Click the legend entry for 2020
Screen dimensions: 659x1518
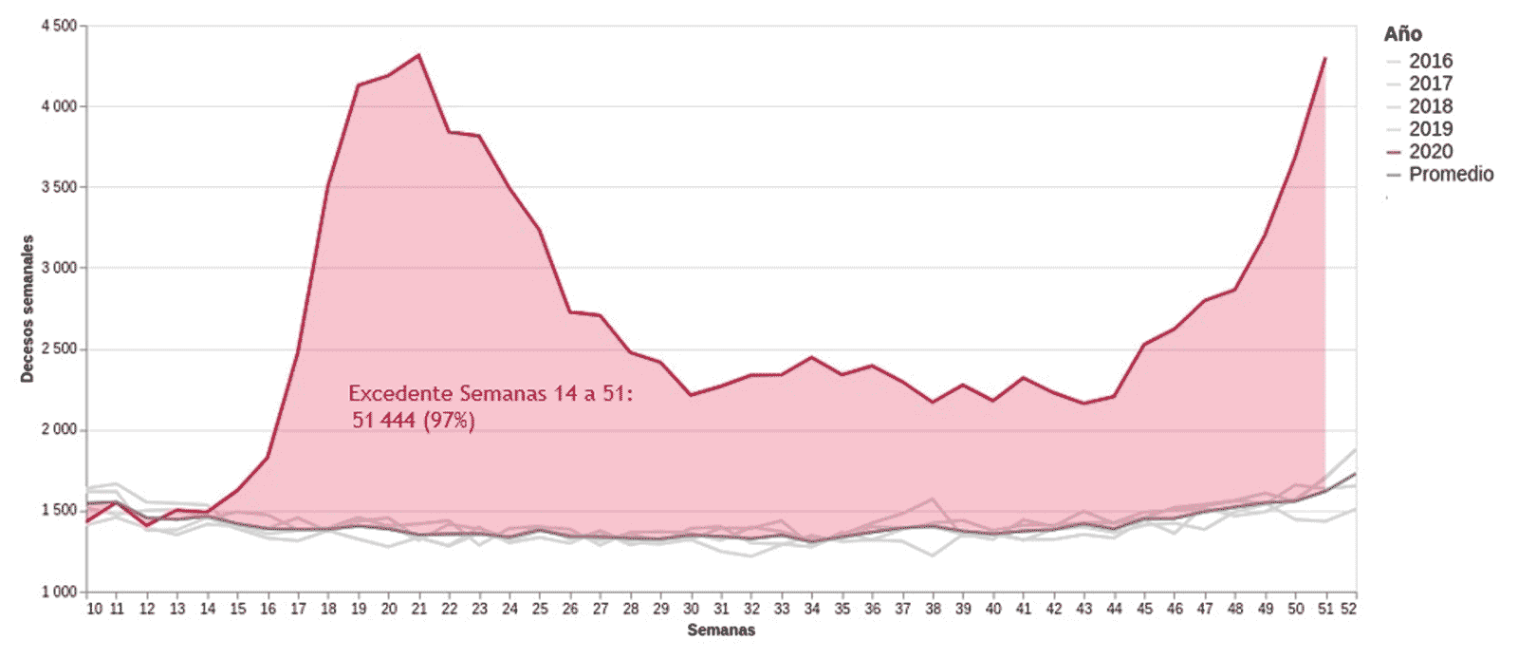click(1430, 152)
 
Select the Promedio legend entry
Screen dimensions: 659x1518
click(1450, 175)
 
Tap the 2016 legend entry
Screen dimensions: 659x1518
click(1430, 61)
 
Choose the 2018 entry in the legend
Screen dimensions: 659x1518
click(1430, 106)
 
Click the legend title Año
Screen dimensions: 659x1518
click(1402, 34)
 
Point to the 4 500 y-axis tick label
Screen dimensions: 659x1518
click(59, 26)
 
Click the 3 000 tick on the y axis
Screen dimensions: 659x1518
click(59, 268)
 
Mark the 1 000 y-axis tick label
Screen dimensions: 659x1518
click(59, 592)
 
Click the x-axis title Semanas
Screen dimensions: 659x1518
click(721, 630)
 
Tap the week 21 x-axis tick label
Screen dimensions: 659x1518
click(418, 609)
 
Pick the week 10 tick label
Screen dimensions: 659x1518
click(95, 609)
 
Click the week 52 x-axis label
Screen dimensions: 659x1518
click(1348, 609)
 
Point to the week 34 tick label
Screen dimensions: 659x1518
click(811, 609)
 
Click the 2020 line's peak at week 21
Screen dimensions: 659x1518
click(418, 55)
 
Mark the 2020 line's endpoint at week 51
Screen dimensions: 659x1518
click(1324, 58)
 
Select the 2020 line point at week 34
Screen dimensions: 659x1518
click(811, 357)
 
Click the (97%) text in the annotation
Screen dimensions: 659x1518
click(449, 420)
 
